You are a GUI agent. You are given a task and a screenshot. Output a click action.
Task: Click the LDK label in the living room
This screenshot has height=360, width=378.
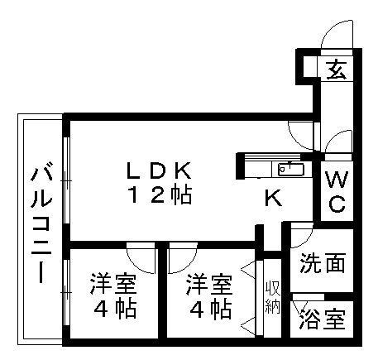[x=159, y=170]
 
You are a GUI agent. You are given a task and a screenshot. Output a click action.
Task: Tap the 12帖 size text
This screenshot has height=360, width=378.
[x=160, y=195]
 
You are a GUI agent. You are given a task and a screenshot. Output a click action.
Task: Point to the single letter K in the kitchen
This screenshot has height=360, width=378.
[x=273, y=198]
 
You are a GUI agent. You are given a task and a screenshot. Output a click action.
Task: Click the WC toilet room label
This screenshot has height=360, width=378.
[x=337, y=191]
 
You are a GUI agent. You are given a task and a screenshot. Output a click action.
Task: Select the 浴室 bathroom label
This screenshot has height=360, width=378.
[x=323, y=319]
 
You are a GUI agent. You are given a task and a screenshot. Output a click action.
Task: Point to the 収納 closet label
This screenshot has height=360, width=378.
[x=273, y=297]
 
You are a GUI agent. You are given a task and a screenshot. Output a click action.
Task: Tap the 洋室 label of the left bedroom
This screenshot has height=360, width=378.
[x=113, y=284]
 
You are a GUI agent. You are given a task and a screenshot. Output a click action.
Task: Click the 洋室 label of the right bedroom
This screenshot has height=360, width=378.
[x=208, y=284]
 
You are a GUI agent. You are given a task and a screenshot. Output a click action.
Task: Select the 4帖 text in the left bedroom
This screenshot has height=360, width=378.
[x=115, y=309]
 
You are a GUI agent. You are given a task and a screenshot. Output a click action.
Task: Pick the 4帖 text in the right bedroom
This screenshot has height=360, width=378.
[x=210, y=309]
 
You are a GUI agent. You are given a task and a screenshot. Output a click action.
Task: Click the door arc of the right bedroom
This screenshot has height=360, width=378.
[x=188, y=264]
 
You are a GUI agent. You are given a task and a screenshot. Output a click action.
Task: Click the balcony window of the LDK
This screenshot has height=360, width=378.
[x=66, y=180]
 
